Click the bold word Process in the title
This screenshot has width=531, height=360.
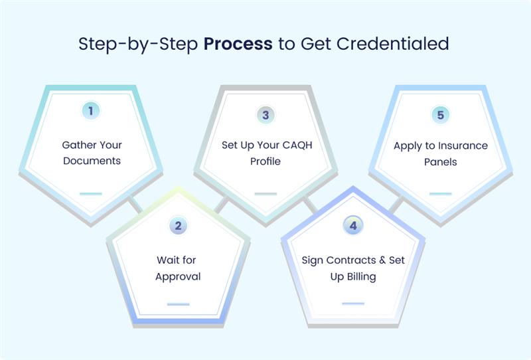pos(238,44)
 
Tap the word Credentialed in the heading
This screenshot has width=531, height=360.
pos(393,44)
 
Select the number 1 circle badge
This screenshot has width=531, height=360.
pos(91,111)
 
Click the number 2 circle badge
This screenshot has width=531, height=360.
pos(178,226)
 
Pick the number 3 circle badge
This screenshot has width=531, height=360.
pos(265,115)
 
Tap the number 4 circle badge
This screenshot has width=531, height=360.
pos(353,226)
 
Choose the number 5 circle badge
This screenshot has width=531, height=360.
pos(440,115)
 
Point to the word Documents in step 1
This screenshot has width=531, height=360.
pos(92,161)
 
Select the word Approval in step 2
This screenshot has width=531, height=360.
pos(178,277)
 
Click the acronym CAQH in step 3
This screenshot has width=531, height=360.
pos(297,145)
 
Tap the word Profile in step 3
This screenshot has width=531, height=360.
pos(265,161)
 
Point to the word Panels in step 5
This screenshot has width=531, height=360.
pos(440,162)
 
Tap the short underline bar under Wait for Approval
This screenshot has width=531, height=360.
pos(178,304)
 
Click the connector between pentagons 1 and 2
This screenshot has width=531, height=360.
pos(135,205)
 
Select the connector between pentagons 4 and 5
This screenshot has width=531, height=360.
pos(396,205)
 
